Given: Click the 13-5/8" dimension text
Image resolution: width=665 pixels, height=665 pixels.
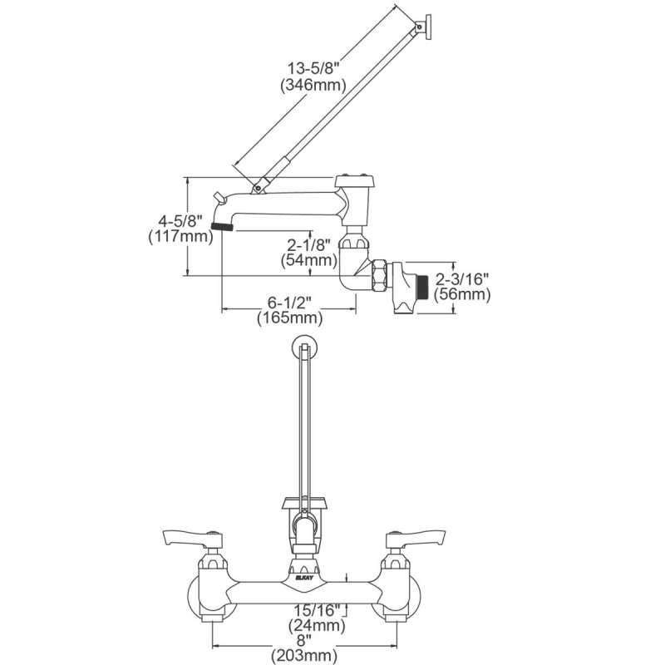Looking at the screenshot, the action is tap(314, 68).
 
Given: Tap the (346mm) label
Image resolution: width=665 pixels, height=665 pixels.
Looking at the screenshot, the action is tap(313, 86).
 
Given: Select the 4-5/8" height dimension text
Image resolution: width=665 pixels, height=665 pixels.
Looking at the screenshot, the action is tap(179, 220).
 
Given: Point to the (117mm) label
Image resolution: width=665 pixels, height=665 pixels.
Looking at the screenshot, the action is tap(180, 236).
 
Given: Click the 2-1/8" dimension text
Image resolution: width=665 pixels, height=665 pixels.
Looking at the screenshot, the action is tap(308, 244).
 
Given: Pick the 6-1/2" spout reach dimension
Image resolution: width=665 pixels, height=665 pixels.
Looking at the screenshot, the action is tap(289, 303).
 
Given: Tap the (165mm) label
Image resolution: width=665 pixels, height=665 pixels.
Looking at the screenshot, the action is tap(289, 318).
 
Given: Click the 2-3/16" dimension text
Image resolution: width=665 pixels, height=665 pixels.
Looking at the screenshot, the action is tap(462, 278).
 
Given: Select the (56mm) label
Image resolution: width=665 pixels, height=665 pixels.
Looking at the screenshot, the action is tap(462, 294).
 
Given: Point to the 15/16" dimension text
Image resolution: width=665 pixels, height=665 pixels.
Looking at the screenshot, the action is tap(318, 610).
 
